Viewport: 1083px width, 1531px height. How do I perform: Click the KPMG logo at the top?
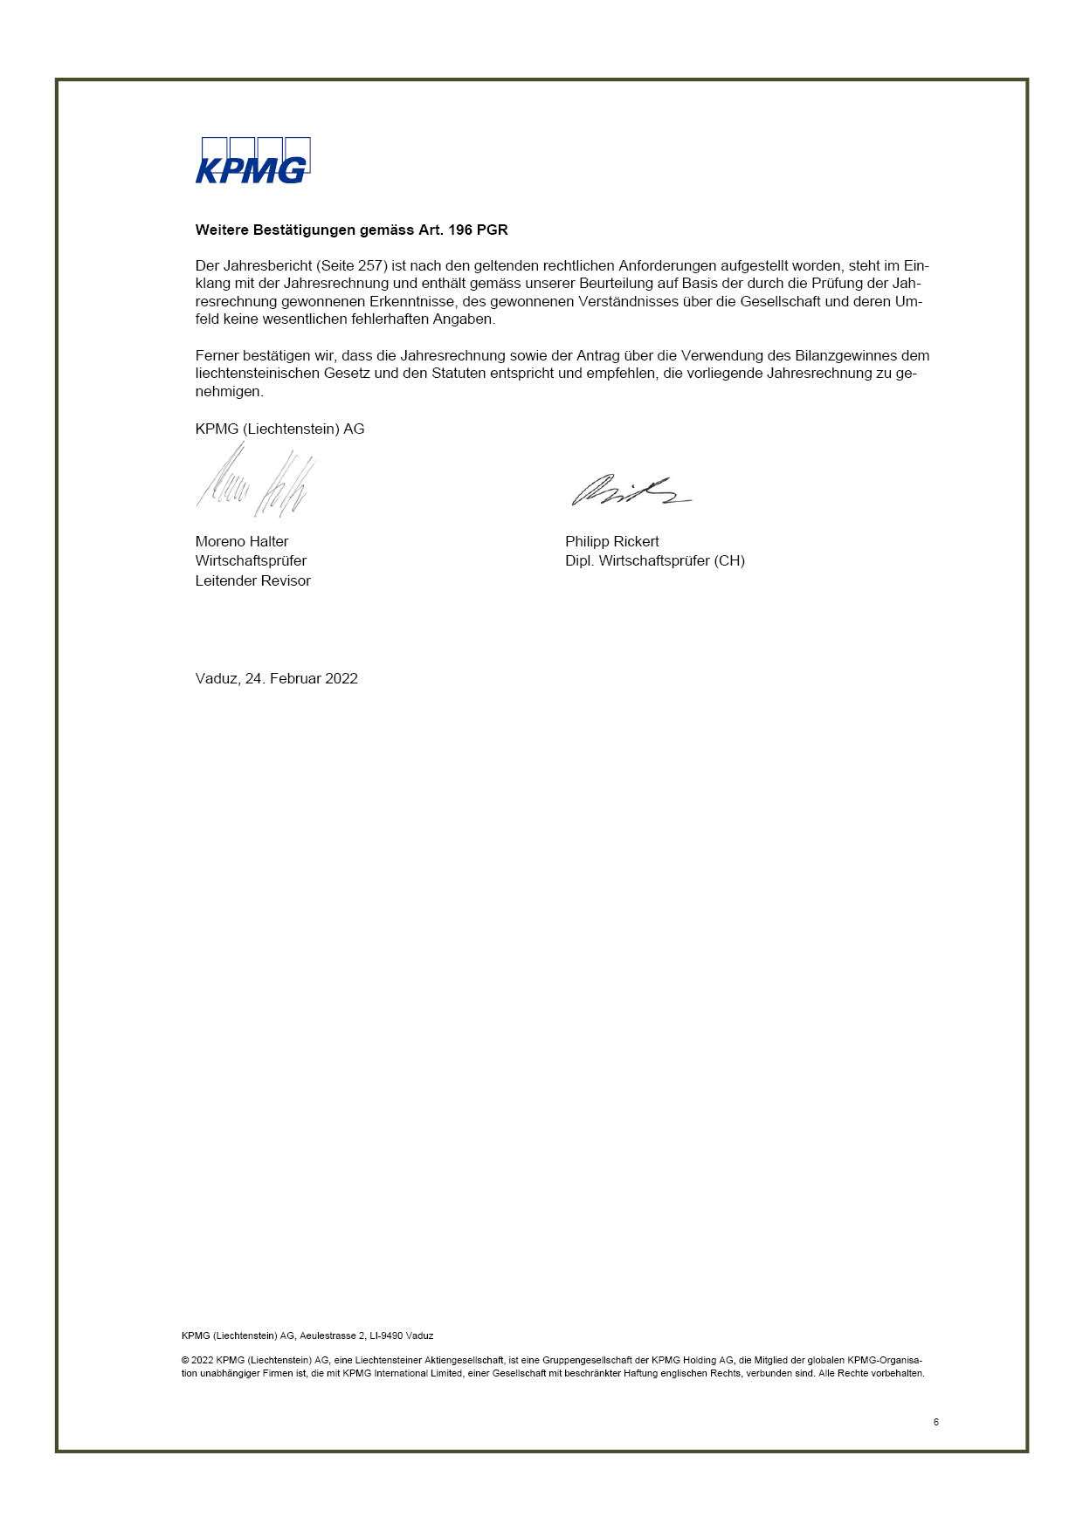[252, 161]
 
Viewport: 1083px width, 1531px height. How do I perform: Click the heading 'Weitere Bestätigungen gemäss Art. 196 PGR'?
[351, 230]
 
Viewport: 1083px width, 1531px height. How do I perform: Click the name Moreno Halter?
[242, 541]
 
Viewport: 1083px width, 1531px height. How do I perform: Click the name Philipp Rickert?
[611, 541]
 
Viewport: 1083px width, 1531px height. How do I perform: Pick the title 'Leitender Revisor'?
[252, 580]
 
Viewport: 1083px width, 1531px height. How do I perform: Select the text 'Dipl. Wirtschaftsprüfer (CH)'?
[654, 560]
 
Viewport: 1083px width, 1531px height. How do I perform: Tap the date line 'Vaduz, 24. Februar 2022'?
[276, 678]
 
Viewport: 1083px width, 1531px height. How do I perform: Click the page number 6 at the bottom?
[936, 1422]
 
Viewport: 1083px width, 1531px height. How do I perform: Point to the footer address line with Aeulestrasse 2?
[307, 1335]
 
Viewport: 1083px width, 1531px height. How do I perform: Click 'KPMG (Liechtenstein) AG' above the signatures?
[279, 429]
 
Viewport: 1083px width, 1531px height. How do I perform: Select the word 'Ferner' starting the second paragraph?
[217, 355]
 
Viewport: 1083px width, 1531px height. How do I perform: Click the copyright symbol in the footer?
[186, 1360]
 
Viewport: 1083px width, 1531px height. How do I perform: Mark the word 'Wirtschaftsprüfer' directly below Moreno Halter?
[251, 560]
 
